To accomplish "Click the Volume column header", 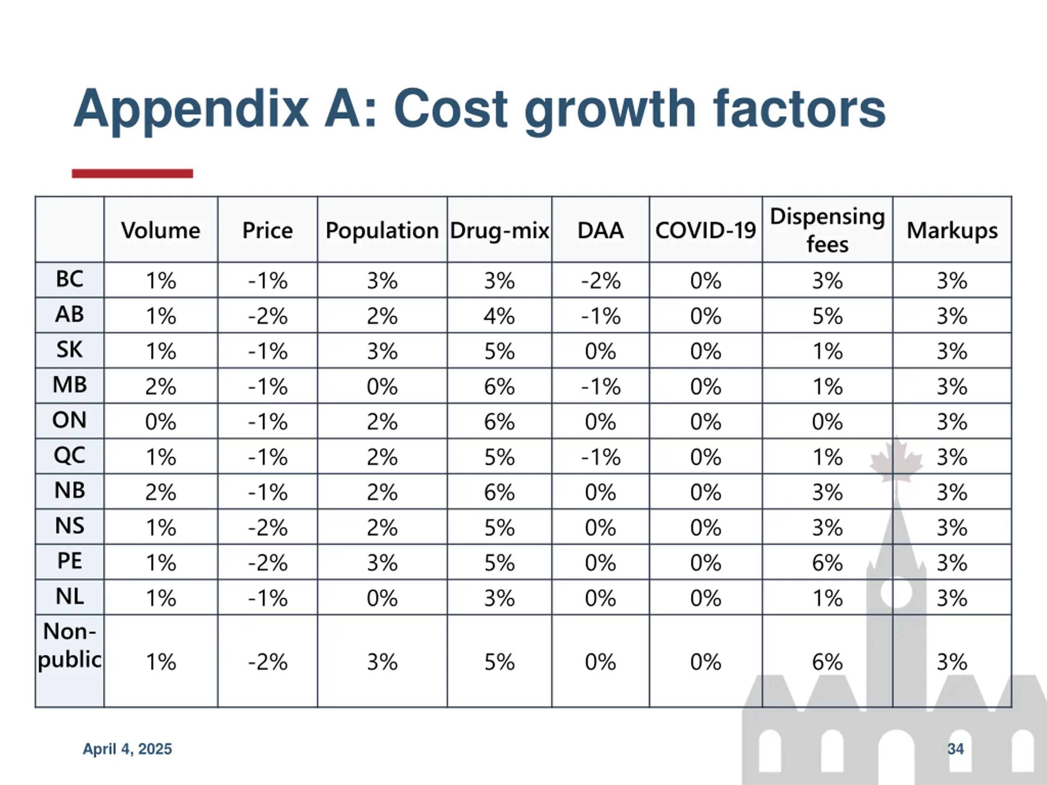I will [160, 231].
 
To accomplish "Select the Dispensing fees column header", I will [827, 231].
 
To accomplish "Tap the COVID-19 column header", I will [705, 231].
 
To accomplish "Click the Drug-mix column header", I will [499, 231].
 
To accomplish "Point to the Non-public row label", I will [70, 646].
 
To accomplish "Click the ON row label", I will [70, 420].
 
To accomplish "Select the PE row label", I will [70, 561].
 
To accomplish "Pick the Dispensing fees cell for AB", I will [827, 316].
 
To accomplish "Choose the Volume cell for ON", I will [160, 421].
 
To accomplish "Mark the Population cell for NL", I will [382, 598].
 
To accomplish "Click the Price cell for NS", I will [267, 527].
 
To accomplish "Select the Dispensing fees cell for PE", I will [827, 562].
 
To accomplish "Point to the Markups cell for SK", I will [952, 351].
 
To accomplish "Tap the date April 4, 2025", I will [127, 749].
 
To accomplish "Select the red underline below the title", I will [132, 174].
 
